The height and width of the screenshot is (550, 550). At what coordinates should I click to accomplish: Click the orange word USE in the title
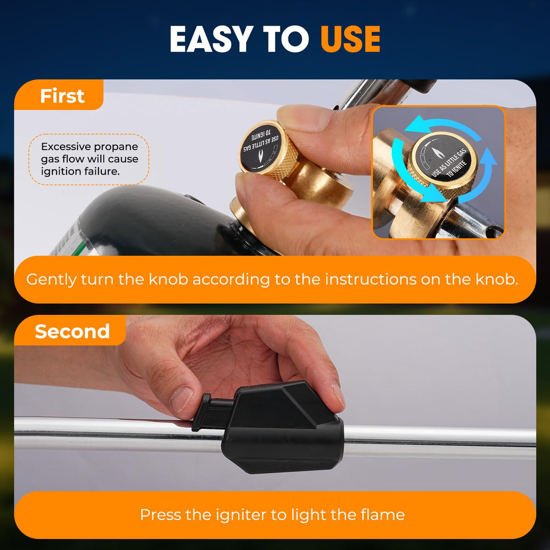coord(350,39)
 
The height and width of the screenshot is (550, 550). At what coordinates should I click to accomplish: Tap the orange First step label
coord(59,95)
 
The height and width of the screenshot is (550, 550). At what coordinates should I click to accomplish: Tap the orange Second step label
coord(70,330)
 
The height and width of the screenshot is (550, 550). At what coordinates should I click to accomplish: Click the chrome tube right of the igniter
coord(440,443)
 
